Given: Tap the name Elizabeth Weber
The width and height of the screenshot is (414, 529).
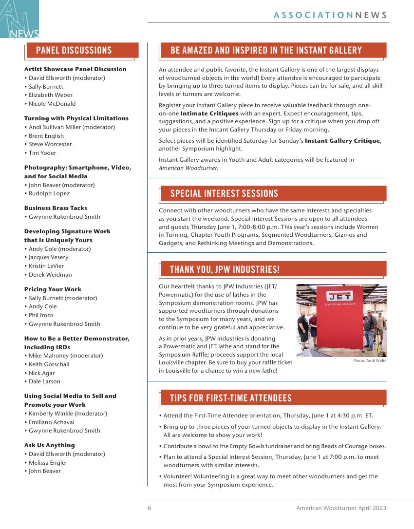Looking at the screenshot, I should [x=50, y=95].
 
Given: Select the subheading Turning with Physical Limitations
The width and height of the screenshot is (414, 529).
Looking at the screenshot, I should [x=76, y=118].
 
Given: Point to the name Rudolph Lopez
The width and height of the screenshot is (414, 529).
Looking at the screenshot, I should [x=49, y=193].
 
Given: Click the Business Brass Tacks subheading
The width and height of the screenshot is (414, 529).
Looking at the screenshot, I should [x=56, y=208].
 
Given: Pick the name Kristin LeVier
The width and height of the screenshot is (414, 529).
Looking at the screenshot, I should [x=46, y=266].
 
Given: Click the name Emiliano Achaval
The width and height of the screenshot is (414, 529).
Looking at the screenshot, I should [x=52, y=422].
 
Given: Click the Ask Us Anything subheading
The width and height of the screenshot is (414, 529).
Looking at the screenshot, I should [x=50, y=445].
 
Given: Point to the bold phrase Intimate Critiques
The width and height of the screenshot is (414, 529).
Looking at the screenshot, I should [x=209, y=113].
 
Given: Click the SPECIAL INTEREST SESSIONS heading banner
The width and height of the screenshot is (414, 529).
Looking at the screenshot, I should [x=224, y=194].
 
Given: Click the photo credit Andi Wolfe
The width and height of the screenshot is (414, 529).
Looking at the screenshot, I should [x=370, y=361].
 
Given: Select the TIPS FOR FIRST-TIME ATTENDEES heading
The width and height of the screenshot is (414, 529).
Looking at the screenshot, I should [x=231, y=398].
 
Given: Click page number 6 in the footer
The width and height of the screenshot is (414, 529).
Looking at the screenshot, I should [x=150, y=508].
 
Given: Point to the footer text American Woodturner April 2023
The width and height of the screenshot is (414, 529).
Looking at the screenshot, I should [x=341, y=508].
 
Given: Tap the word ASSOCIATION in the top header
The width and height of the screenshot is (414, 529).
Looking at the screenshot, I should [x=313, y=15].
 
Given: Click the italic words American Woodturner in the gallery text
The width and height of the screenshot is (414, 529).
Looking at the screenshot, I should [x=188, y=168].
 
